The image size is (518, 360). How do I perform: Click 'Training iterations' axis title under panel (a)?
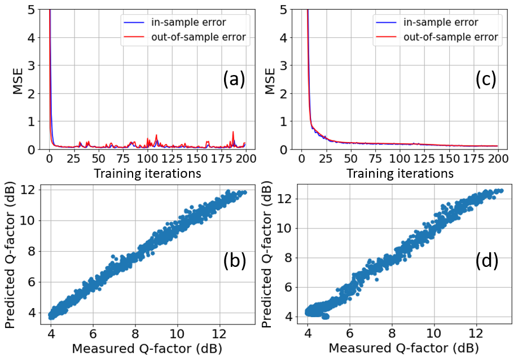147,173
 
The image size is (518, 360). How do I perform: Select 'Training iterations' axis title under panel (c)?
400,173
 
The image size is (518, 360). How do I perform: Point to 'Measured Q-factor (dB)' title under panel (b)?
147,349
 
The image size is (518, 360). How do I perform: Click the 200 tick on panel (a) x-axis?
245,160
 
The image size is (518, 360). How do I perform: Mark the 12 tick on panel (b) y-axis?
33,189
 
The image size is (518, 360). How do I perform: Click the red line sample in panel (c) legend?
383,37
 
